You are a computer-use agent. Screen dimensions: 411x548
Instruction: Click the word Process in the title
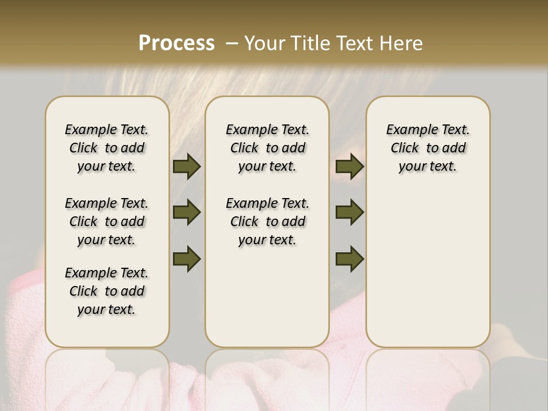[176, 43]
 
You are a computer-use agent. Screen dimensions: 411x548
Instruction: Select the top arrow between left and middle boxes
[187, 167]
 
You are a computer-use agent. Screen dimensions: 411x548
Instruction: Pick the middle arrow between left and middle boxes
[187, 212]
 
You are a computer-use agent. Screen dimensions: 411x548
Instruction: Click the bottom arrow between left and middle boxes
[187, 259]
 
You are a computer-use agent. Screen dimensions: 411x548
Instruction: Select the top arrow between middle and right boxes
[349, 167]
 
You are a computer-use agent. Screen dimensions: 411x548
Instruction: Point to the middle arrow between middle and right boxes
[349, 212]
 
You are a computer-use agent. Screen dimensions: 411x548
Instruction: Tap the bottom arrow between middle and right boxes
[349, 259]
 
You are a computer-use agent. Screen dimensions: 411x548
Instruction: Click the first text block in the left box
[107, 148]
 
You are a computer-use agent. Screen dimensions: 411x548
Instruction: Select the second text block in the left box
[107, 221]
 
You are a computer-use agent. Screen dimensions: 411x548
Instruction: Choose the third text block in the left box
[107, 291]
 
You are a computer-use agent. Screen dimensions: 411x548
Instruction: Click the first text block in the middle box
[267, 148]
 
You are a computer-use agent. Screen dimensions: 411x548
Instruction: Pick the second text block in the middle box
[267, 221]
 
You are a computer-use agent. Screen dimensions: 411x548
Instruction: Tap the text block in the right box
[428, 148]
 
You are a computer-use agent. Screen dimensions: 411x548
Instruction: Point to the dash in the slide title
[232, 43]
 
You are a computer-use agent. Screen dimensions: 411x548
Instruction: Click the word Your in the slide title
[265, 43]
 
